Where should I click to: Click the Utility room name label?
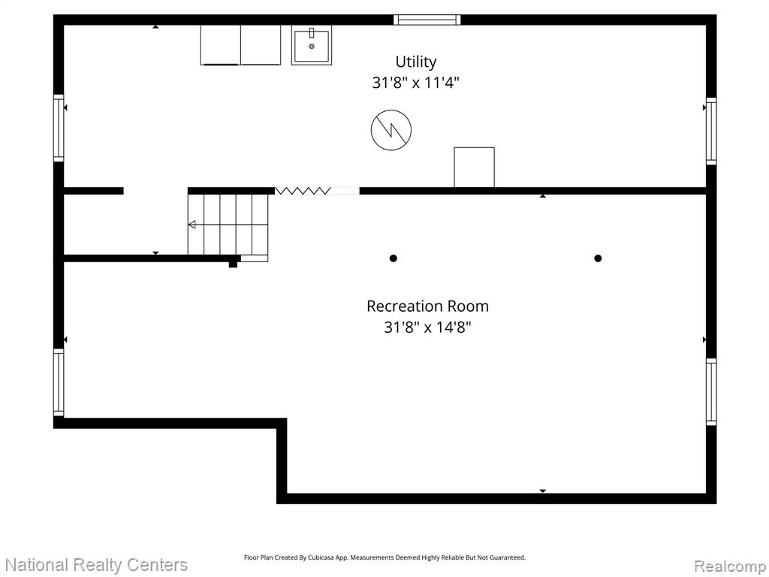point(416,62)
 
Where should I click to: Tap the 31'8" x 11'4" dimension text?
point(415,83)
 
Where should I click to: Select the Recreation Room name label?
point(427,307)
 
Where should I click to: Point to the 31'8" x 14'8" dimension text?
point(427,327)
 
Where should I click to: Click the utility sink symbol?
point(312,45)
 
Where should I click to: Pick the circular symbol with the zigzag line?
point(391,129)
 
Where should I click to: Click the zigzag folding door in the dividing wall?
point(303,191)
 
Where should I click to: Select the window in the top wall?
point(427,20)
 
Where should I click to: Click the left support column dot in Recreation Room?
point(393,258)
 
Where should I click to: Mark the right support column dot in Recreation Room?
point(598,258)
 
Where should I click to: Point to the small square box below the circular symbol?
point(475,167)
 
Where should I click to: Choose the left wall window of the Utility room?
point(59,128)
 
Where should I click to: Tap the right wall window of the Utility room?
point(711,131)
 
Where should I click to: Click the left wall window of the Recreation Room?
point(59,382)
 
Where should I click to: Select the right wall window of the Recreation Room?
point(711,391)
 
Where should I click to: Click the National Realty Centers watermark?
point(96,565)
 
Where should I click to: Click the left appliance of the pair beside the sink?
point(220,45)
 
